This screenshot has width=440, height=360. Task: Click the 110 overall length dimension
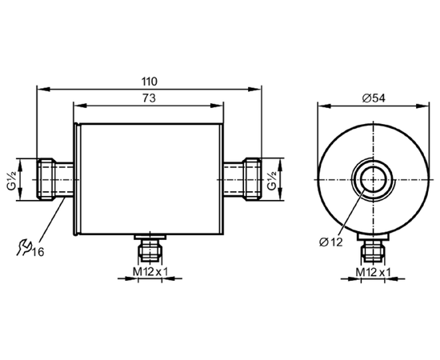coord(150,82)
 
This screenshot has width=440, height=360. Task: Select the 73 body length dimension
coord(149,98)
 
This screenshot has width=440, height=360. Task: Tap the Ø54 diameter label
coord(374,98)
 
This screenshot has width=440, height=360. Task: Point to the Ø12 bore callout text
coord(331,242)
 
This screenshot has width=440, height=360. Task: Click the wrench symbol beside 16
coord(23,248)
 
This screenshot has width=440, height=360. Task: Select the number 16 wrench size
coord(38,253)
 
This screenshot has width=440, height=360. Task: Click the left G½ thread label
coord(12,179)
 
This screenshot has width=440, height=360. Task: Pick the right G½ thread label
coord(272,179)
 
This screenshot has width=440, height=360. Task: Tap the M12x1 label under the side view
coord(150,272)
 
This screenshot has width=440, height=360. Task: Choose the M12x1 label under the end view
coord(374,272)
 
